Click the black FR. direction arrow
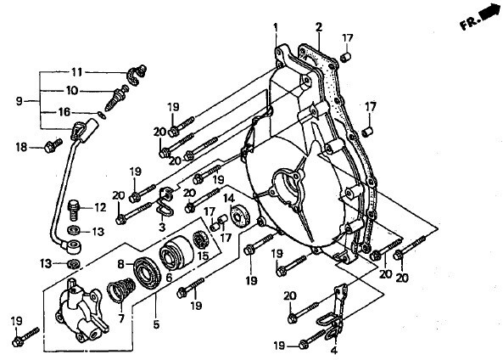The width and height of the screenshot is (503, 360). coord(489,13)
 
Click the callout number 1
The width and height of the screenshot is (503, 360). coord(275,27)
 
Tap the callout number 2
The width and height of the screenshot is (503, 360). coord(318,27)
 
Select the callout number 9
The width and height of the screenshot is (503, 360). coord(20,101)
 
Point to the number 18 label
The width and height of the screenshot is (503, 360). coord(22,147)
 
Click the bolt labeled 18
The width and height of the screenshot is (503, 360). coord(53,145)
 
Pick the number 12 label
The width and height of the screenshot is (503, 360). coord(100,207)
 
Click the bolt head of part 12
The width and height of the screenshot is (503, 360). coord(74,205)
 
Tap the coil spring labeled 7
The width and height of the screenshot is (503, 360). coord(121,290)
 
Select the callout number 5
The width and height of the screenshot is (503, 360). coord(156,324)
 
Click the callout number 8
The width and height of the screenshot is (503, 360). coord(120,264)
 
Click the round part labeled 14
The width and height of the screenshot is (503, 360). coord(240,215)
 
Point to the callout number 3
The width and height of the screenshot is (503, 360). coord(162,227)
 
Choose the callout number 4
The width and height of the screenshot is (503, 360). coord(334,350)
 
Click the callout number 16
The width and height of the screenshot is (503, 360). coord(64,112)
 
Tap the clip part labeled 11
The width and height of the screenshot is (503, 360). coord(137,76)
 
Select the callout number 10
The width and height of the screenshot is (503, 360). coord(72,91)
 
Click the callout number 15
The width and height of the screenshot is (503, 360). coord(203,256)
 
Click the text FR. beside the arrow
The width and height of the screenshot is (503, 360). coord(470,24)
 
